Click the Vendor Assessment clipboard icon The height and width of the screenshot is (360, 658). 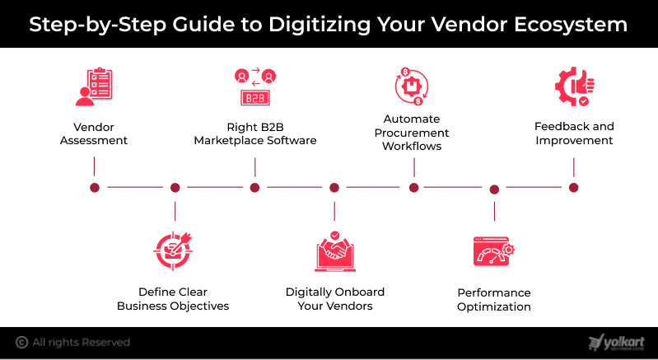(94, 86)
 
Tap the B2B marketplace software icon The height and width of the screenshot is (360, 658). (255, 86)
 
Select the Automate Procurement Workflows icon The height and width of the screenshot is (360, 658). (412, 86)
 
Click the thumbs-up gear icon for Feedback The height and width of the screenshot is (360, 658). (575, 86)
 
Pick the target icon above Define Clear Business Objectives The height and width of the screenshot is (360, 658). (172, 250)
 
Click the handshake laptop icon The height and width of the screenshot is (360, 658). (335, 251)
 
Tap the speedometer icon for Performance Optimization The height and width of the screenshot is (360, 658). (494, 251)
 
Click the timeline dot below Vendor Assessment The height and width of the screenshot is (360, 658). (95, 188)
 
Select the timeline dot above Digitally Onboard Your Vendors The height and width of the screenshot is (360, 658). (334, 188)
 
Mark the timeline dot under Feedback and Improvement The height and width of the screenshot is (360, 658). (574, 188)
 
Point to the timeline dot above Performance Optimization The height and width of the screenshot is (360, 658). (494, 189)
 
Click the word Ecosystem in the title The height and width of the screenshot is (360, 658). (571, 25)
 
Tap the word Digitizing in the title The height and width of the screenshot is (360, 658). (320, 25)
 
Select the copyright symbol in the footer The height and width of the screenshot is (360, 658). (21, 343)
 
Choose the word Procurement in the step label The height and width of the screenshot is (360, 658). (412, 133)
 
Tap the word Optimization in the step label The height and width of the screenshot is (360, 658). (494, 306)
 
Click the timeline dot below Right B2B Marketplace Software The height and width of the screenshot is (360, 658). (254, 188)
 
